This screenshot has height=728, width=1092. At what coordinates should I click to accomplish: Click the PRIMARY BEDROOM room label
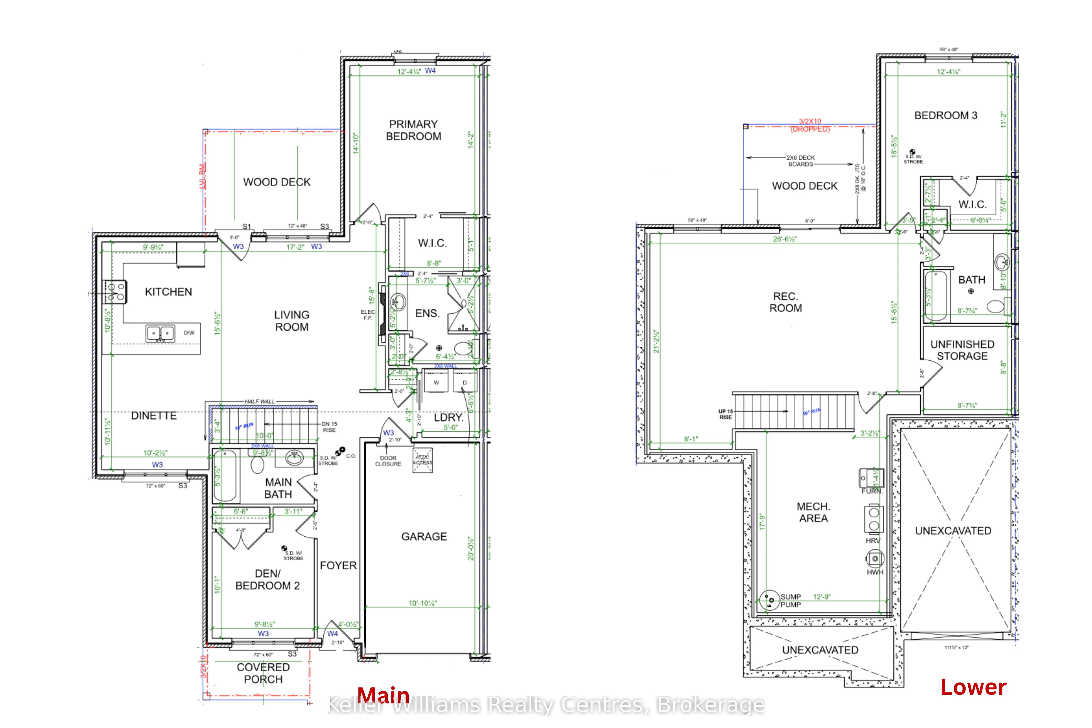click(413, 130)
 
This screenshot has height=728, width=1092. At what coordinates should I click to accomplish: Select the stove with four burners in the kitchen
click(115, 292)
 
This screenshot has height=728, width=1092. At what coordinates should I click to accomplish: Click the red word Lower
click(973, 687)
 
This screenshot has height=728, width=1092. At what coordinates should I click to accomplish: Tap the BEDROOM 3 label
click(946, 116)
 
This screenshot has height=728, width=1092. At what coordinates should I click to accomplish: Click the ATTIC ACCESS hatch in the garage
click(423, 460)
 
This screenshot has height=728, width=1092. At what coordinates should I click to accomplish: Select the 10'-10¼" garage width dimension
click(423, 603)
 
